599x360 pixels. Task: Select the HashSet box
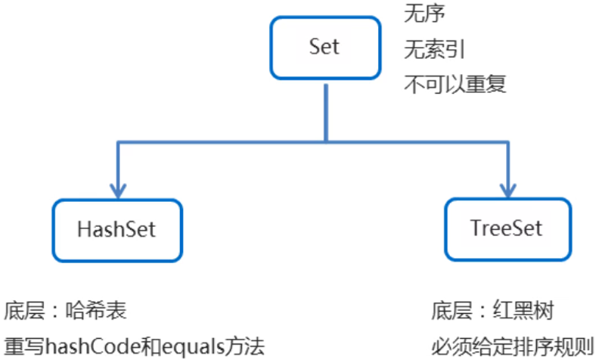[117, 228]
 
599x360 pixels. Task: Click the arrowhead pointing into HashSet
[117, 189]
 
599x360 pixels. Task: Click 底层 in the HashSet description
[23, 311]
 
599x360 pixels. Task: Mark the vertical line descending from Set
[325, 110]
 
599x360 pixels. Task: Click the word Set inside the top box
[324, 47]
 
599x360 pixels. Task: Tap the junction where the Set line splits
[325, 141]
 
